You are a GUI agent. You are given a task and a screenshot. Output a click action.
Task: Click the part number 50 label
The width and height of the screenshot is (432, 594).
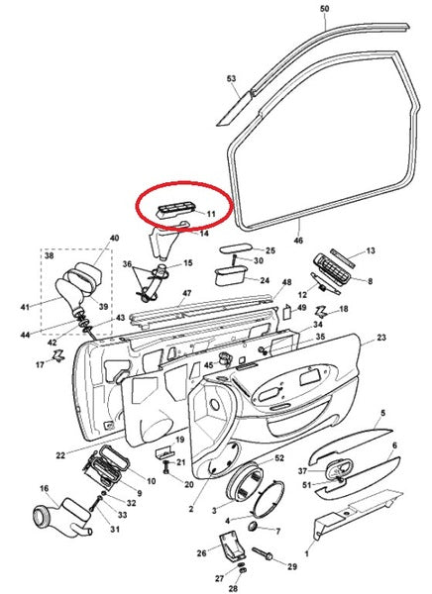pos(325,8)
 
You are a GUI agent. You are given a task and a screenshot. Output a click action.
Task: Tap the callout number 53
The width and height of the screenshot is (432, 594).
pos(232,78)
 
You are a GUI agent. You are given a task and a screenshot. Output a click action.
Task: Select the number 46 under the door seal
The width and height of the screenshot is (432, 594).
pos(298,241)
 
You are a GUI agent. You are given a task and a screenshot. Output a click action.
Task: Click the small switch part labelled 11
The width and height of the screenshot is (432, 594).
pos(174,210)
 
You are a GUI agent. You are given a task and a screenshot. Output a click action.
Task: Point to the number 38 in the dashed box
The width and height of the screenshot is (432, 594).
pos(50,255)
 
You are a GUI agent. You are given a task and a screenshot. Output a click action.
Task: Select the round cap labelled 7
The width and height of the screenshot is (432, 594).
pos(253,526)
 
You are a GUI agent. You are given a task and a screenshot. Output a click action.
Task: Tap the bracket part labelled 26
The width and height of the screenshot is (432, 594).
pos(231,544)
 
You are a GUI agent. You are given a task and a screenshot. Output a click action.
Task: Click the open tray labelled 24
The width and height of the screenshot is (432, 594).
pos(230,277)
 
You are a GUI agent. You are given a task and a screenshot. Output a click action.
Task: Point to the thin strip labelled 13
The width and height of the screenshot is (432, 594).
pos(343,258)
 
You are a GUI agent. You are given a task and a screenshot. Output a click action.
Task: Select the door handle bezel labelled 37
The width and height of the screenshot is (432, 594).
pos(339,470)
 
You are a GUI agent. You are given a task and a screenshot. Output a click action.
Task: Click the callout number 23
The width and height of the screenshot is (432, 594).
pos(380,337)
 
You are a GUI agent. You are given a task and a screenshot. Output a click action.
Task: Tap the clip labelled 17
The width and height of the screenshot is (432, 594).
pos(58,355)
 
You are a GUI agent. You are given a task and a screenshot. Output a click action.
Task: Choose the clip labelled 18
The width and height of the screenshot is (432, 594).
pos(321,312)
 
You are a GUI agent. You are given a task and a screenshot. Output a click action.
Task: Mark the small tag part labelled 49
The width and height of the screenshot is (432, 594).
pos(287,312)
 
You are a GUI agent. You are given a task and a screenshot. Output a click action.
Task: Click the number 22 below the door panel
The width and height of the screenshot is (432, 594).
pos(60,455)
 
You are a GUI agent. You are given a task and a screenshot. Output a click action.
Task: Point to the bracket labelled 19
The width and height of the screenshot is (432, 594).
pos(164,452)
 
